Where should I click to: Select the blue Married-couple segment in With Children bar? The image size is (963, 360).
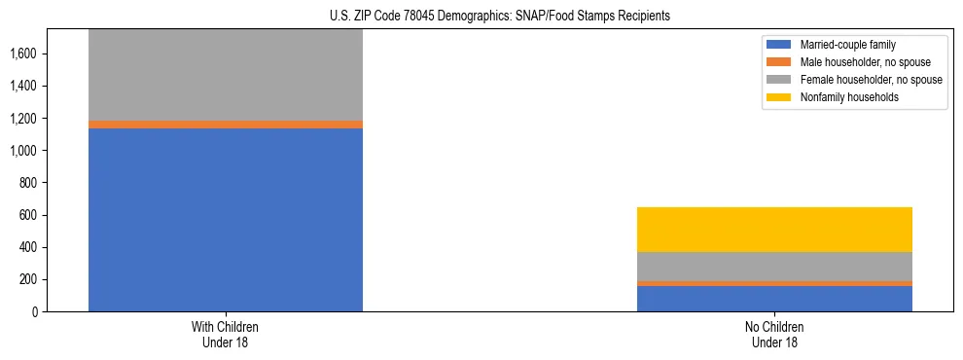point(226,220)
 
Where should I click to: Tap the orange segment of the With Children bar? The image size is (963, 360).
point(226,125)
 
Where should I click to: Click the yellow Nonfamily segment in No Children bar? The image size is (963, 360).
point(774,230)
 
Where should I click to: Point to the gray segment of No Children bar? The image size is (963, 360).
point(774,267)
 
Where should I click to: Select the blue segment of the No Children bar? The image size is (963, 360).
point(774,299)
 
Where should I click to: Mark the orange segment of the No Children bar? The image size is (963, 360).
point(774,283)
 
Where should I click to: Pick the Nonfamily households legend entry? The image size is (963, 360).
point(842,97)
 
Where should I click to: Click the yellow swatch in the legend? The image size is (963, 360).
point(780,97)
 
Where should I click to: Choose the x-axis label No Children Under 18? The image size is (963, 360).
point(774,335)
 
